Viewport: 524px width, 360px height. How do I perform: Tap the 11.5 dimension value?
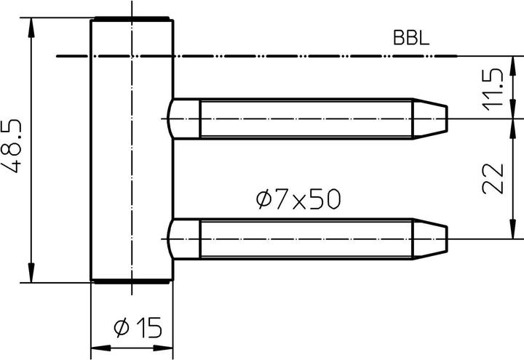click(494, 89)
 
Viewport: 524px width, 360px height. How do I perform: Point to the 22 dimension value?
click(494, 177)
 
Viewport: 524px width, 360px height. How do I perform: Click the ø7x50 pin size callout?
click(298, 198)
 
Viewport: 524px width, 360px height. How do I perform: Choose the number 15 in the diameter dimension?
click(148, 329)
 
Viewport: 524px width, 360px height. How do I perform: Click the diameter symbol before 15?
click(121, 329)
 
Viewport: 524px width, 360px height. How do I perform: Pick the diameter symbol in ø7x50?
click(263, 198)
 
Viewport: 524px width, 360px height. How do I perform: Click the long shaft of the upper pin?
click(306, 118)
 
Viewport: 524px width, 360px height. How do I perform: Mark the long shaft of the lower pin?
click(306, 238)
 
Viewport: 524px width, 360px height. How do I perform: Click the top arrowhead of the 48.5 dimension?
click(31, 25)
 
